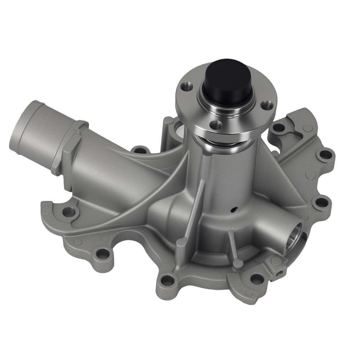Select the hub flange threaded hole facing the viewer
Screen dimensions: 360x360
[216, 125]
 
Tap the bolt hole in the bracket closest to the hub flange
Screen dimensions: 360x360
[279, 127]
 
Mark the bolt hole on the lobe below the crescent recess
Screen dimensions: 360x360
[103, 253]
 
